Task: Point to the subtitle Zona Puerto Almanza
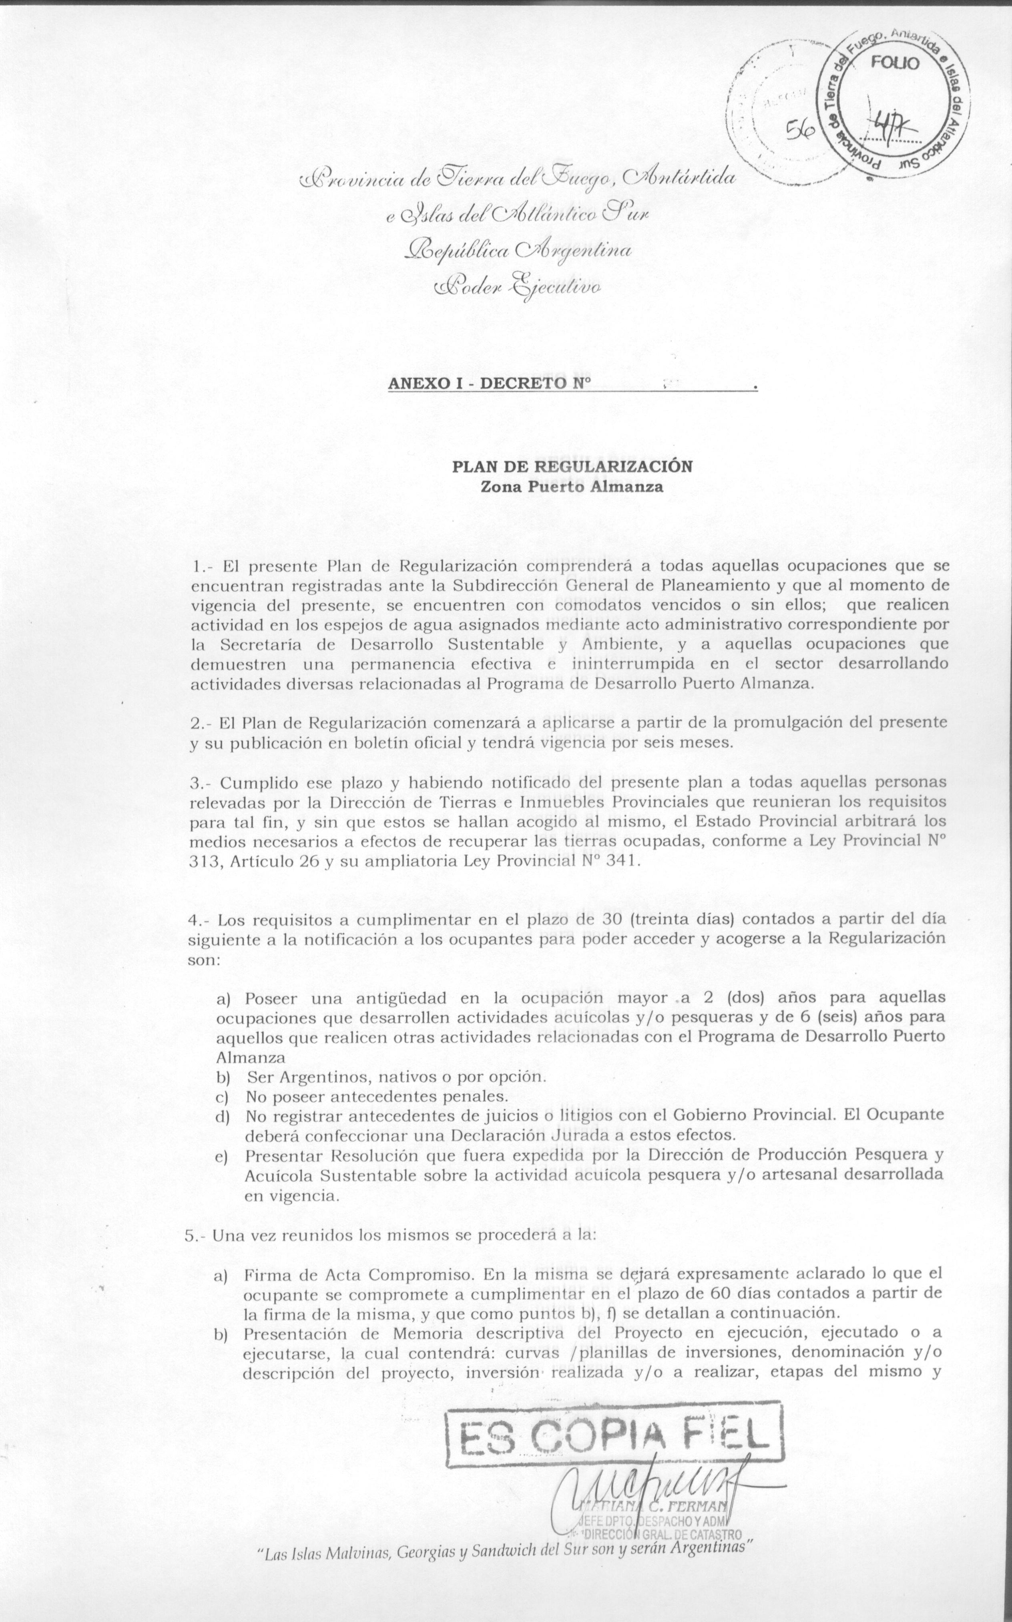point(572,487)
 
